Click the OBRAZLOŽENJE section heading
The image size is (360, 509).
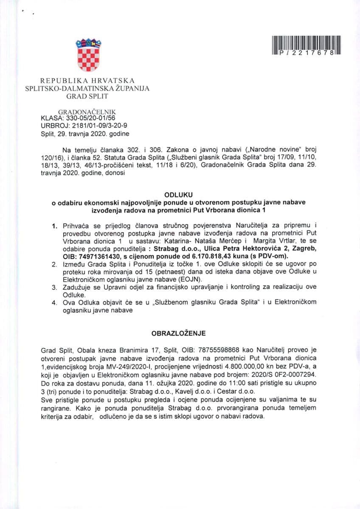[180, 334]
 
